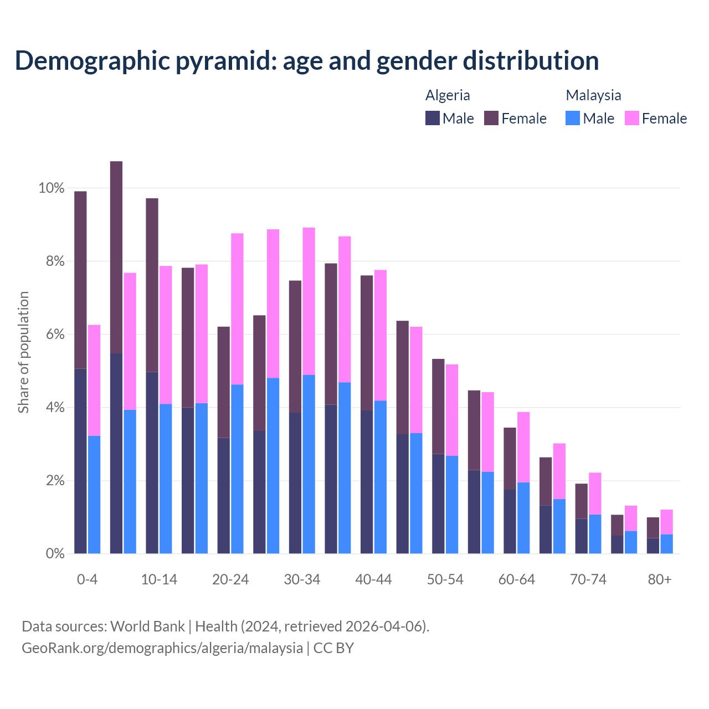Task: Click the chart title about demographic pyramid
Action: click(x=307, y=61)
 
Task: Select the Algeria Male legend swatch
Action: click(x=433, y=118)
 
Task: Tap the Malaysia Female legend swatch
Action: click(x=631, y=118)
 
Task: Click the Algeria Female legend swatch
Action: click(x=491, y=118)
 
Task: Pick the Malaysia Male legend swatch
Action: click(x=573, y=118)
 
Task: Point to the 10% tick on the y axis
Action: click(x=51, y=188)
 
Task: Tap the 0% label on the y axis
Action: click(x=55, y=553)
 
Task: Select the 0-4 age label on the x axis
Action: click(x=88, y=580)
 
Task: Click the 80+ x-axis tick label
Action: click(x=660, y=580)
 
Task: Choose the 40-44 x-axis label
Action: click(x=373, y=580)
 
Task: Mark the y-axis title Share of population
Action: click(x=23, y=352)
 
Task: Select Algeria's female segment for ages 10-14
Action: click(x=152, y=285)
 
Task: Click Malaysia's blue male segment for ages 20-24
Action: click(x=237, y=469)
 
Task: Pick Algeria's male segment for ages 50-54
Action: click(x=438, y=504)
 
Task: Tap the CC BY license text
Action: click(x=333, y=648)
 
